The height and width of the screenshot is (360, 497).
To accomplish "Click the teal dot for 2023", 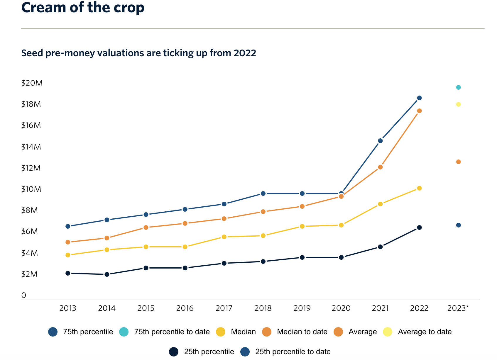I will [x=458, y=87].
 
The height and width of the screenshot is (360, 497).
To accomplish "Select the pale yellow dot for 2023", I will [x=458, y=104].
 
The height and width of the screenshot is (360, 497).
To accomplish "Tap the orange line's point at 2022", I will [x=419, y=111].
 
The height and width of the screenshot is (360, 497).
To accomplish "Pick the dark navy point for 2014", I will [x=107, y=274].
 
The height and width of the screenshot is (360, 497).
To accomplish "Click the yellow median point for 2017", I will [x=224, y=237].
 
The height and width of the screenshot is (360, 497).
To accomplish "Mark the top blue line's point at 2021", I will [x=380, y=141].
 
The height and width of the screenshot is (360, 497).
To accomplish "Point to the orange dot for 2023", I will [x=458, y=162].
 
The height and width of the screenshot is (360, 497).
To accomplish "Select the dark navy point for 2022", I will [x=419, y=227].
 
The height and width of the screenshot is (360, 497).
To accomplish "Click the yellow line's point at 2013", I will [x=68, y=255].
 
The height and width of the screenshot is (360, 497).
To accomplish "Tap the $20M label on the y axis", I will [x=32, y=83].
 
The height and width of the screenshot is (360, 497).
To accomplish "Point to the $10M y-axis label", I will [x=31, y=189].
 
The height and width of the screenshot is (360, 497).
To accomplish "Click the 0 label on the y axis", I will [x=24, y=296].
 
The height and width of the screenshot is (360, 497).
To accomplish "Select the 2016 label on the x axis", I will [x=185, y=308].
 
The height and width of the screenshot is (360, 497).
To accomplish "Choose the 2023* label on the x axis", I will [x=458, y=308].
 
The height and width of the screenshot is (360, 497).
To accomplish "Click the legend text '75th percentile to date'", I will [x=172, y=332].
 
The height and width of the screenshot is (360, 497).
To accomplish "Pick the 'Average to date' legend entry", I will [x=425, y=332].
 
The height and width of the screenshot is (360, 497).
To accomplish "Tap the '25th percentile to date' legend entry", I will [x=293, y=352].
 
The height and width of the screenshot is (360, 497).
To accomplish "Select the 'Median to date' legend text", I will [x=302, y=332].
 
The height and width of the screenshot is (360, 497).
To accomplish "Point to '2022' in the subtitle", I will [x=245, y=53].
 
